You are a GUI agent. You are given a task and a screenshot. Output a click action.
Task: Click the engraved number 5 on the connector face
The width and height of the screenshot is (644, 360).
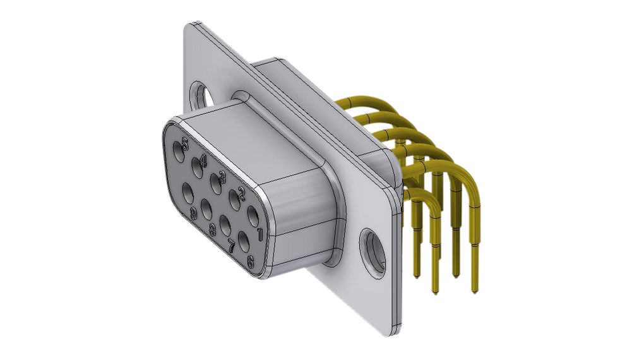tap(184, 143)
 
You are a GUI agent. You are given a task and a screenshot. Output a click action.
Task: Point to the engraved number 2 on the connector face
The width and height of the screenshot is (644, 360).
tap(241, 191)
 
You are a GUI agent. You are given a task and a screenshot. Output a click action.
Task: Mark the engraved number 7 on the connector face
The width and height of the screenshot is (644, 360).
tap(231, 246)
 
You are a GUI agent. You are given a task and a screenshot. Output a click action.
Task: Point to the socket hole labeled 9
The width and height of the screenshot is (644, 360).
tap(188, 193)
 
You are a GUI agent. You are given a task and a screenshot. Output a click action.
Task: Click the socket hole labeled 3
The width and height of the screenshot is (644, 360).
tap(215, 185)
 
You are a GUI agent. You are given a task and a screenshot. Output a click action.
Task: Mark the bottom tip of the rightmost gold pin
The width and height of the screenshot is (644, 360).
tap(474, 291)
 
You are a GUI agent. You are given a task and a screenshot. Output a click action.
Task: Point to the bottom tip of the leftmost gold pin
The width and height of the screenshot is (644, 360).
tap(416, 275)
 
